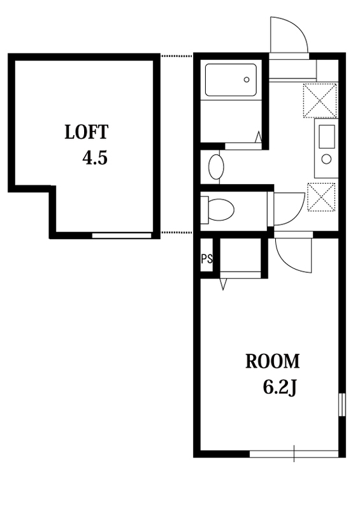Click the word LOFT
pyautogui.click(x=86, y=132)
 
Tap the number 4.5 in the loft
pyautogui.click(x=95, y=158)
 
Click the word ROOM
pyautogui.click(x=272, y=361)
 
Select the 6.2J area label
pyautogui.click(x=279, y=388)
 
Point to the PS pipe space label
pyautogui.click(x=207, y=259)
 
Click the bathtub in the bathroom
pyautogui.click(x=231, y=80)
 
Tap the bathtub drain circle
pyautogui.click(x=247, y=80)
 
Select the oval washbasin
pyautogui.click(x=216, y=167)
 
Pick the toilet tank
pyautogui.click(x=205, y=210)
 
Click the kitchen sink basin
pyautogui.click(x=326, y=136)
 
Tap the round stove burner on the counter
pyautogui.click(x=326, y=159)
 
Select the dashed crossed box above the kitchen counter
pyautogui.click(x=320, y=101)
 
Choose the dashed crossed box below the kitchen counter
pyautogui.click(x=321, y=197)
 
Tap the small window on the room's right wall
pyautogui.click(x=342, y=405)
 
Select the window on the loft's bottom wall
pyautogui.click(x=122, y=235)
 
